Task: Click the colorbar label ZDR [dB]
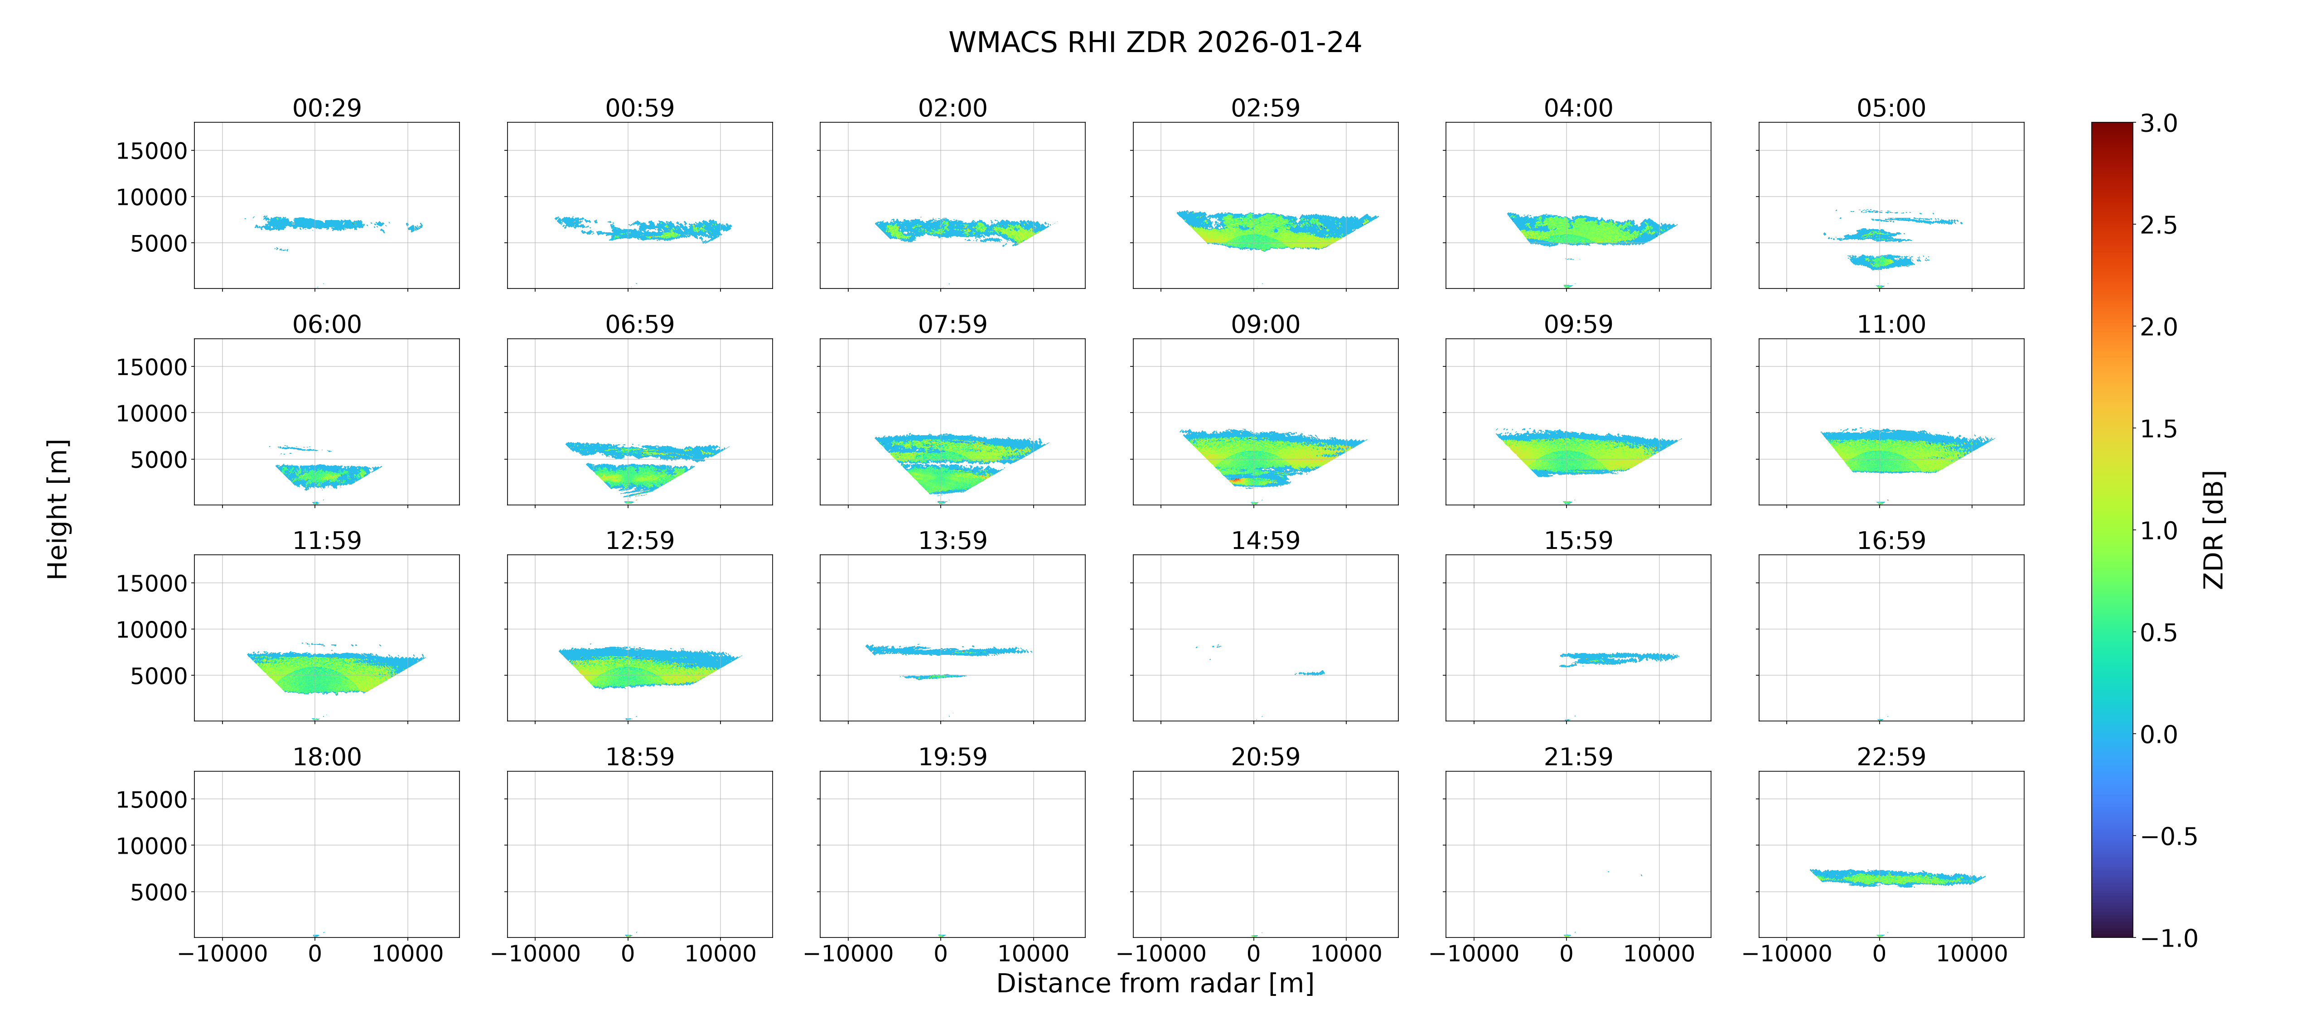point(2214,529)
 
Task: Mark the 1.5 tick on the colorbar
point(2158,429)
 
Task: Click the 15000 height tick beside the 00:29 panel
point(152,151)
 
